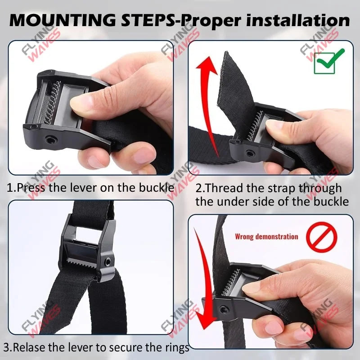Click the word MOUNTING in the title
click(x=63, y=20)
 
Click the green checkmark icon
click(x=329, y=61)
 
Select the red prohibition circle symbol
click(x=322, y=237)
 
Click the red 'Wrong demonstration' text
click(x=266, y=237)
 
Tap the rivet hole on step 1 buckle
click(x=50, y=139)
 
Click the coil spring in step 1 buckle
click(x=53, y=103)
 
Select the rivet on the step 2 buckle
click(x=249, y=153)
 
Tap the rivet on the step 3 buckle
click(x=107, y=261)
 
